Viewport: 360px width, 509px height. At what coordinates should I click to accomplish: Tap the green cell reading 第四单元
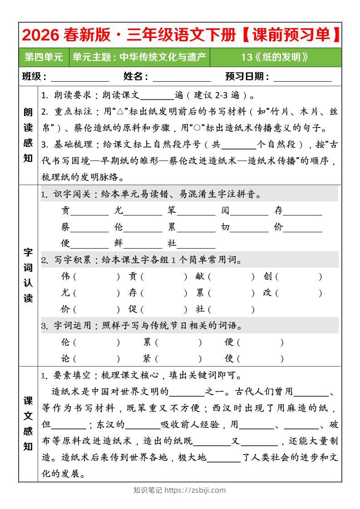coord(44,57)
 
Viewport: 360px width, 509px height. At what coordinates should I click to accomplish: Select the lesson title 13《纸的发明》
coord(275,57)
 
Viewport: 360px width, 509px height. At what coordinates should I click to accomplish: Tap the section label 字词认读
coord(28,275)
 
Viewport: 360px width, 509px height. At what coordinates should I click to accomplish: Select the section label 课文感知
coord(28,423)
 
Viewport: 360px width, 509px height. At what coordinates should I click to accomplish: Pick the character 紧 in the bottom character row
coord(147,358)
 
